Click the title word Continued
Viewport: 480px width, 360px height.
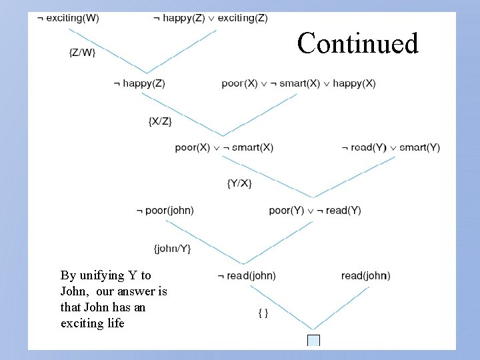[358, 43]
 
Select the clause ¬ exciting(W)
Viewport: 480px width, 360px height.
[68, 18]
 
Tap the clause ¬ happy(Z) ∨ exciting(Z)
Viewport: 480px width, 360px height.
[210, 18]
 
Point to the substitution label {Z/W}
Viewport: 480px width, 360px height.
[82, 53]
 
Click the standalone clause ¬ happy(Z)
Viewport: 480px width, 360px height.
[139, 83]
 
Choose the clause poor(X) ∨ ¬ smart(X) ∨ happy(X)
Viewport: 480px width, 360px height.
[299, 83]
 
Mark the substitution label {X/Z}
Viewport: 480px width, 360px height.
[160, 121]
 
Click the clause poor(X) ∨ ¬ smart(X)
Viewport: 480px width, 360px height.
[224, 147]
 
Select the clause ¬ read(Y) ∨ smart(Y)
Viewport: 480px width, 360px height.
[391, 147]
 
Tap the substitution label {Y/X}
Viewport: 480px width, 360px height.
[239, 183]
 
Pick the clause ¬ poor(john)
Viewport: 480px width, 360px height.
[165, 211]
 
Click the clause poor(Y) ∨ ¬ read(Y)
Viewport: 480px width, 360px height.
[315, 211]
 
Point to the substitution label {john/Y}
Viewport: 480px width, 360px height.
[172, 249]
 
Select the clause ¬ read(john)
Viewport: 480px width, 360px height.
[247, 275]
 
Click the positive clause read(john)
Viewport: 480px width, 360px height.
[365, 275]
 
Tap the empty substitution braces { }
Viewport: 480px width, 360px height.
[263, 312]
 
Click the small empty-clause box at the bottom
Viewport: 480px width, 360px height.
[313, 341]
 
